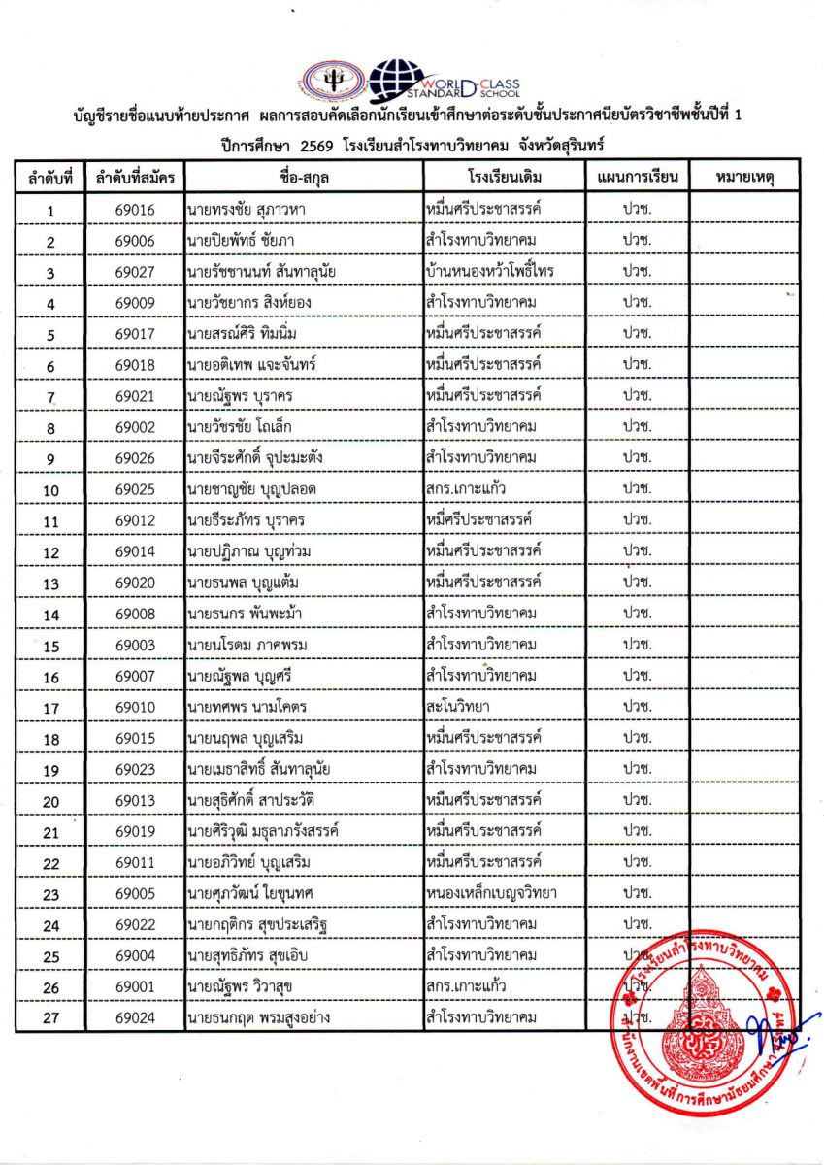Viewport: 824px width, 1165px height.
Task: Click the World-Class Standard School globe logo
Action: point(399,80)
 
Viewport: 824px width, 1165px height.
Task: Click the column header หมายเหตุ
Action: point(743,178)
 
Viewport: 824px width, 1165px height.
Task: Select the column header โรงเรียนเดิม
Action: point(504,178)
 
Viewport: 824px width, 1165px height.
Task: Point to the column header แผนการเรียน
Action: point(637,178)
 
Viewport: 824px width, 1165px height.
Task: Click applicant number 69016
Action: point(135,211)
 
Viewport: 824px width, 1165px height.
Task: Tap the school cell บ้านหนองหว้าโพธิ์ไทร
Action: point(490,272)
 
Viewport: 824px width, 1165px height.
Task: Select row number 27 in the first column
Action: point(51,1019)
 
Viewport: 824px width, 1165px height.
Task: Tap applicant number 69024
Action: point(135,1018)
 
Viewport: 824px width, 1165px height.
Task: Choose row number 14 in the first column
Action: point(51,615)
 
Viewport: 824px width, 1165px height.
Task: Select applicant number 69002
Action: point(135,427)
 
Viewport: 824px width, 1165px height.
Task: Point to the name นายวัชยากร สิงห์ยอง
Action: point(248,303)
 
